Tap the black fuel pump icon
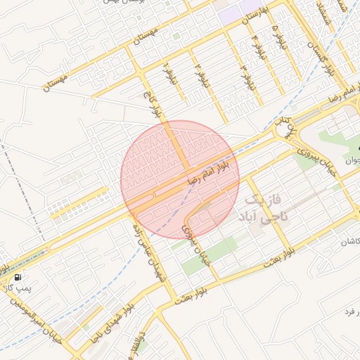click(17, 277)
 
